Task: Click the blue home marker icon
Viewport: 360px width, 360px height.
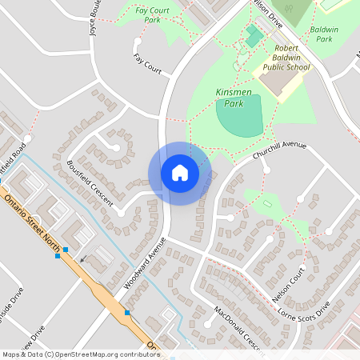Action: [180, 173]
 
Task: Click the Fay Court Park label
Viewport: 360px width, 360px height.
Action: [152, 14]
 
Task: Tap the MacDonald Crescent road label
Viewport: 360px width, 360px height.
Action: [238, 328]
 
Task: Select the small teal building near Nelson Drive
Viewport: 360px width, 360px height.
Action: [254, 36]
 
